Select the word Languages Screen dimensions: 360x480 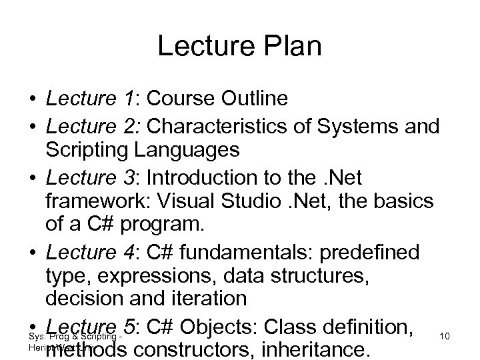(x=191, y=150)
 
